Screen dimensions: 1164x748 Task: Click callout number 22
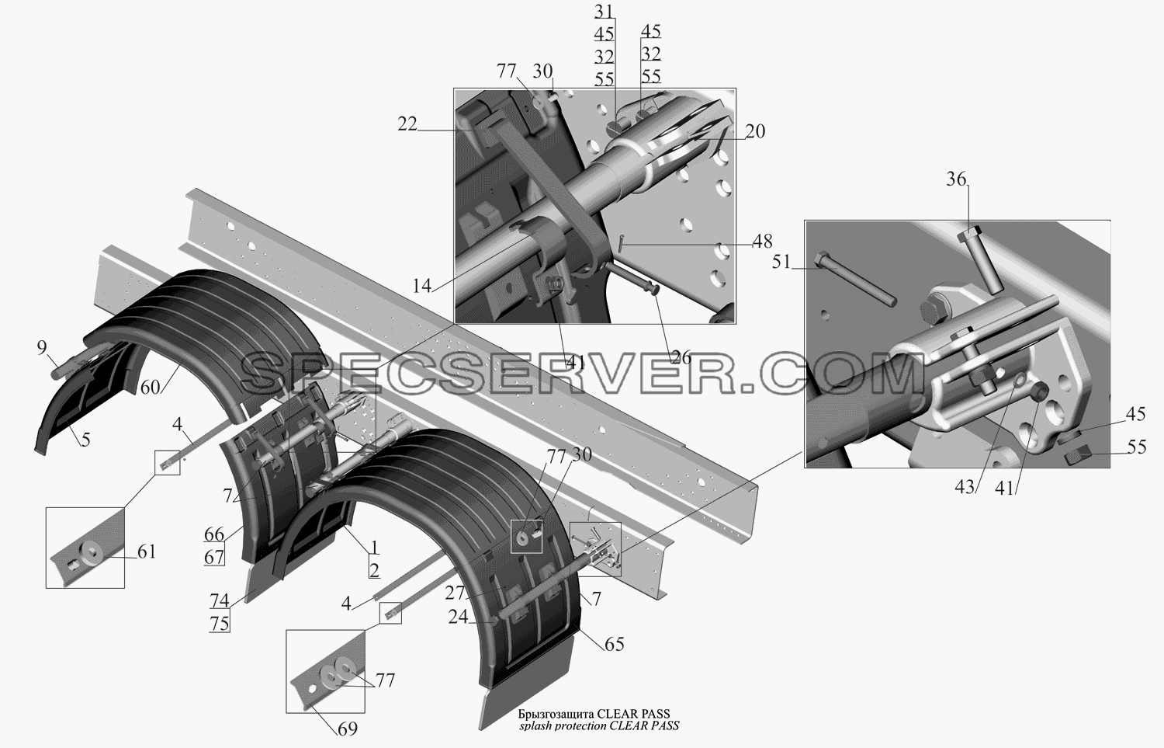pyautogui.click(x=407, y=124)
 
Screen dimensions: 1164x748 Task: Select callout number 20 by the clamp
pyautogui.click(x=755, y=131)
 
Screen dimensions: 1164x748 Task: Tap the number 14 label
pyautogui.click(x=422, y=286)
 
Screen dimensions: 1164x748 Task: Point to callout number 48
pyautogui.click(x=762, y=241)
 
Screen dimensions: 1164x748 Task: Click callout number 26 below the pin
pyautogui.click(x=681, y=357)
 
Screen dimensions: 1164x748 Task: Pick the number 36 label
pyautogui.click(x=955, y=179)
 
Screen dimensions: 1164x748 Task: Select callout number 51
pyautogui.click(x=781, y=263)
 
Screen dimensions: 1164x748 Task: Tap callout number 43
pyautogui.click(x=965, y=487)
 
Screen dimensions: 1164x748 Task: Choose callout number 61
pyautogui.click(x=146, y=551)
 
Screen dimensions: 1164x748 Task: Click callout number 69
pyautogui.click(x=347, y=729)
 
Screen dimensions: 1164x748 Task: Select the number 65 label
pyautogui.click(x=614, y=644)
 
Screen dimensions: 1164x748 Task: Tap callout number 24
pyautogui.click(x=458, y=617)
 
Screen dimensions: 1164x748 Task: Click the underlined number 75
pyautogui.click(x=220, y=623)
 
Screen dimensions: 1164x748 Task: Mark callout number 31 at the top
pyautogui.click(x=604, y=11)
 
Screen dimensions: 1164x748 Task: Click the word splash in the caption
pyautogui.click(x=535, y=726)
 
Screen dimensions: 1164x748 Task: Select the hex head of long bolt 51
pyautogui.click(x=823, y=260)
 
